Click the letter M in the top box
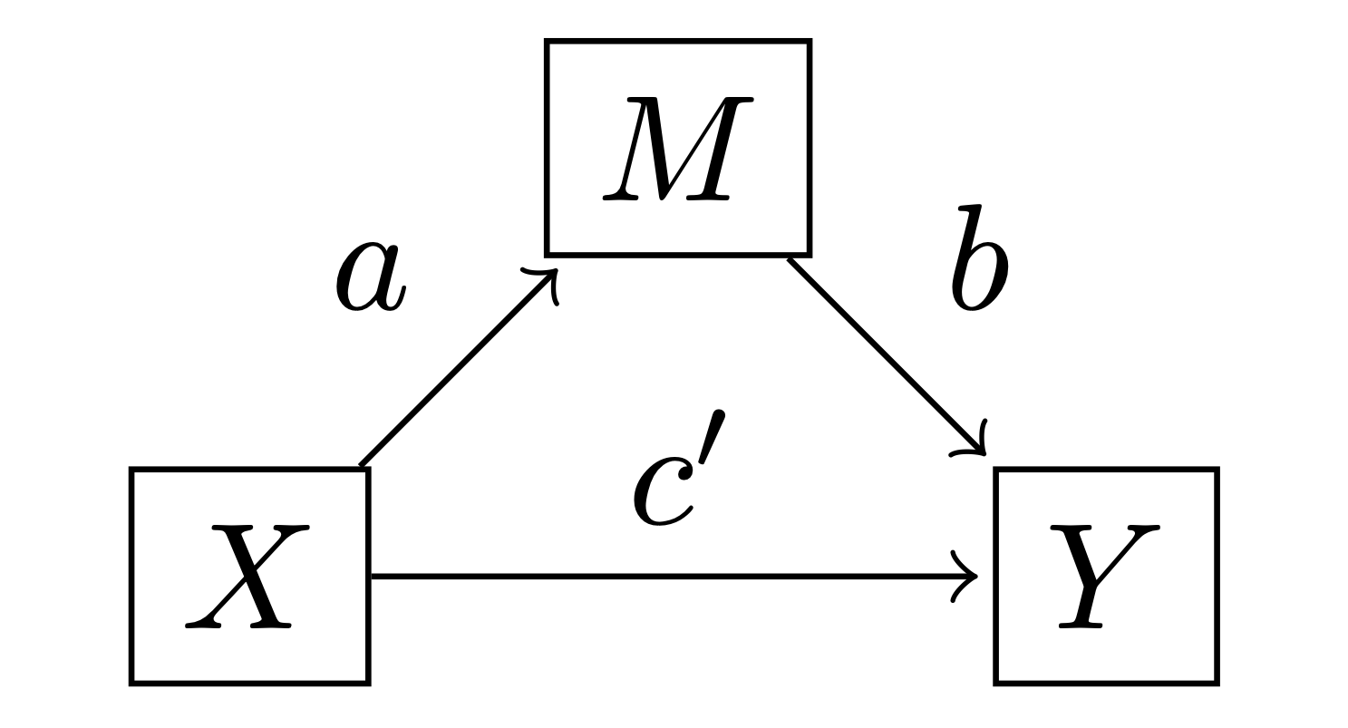point(677,148)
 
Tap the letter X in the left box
point(247,577)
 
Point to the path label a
point(370,277)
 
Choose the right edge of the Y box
point(1216,576)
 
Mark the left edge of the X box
point(133,576)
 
